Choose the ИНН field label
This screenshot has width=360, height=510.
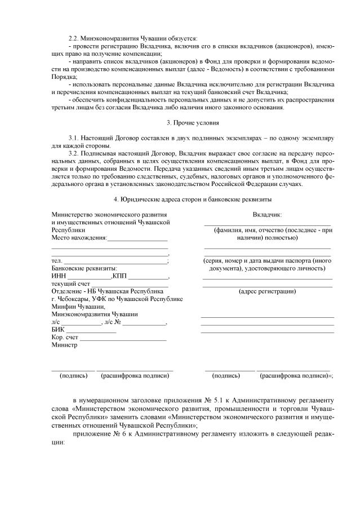(59, 276)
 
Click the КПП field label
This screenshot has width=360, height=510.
(119, 276)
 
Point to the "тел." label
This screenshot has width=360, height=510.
(56, 260)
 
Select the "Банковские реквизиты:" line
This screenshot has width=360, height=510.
(83, 268)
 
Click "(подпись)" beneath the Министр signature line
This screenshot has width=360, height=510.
(73, 375)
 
